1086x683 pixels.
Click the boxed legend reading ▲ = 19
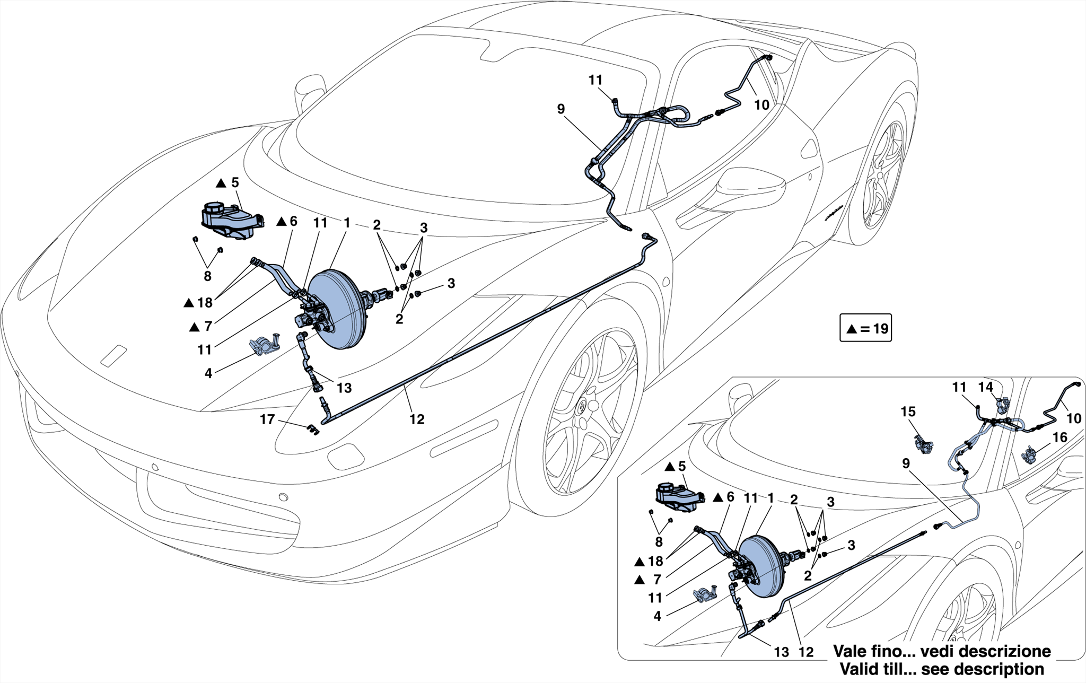tap(865, 328)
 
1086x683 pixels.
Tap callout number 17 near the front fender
tap(267, 419)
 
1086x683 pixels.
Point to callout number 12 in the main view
tap(417, 419)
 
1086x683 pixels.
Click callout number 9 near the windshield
tap(561, 109)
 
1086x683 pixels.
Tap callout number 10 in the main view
tap(761, 105)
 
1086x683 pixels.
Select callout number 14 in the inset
tap(986, 387)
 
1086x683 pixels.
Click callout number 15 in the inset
tap(908, 411)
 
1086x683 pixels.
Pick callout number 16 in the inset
tap(1060, 437)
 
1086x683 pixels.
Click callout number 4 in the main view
tap(208, 373)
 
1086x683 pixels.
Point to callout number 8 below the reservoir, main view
tap(207, 276)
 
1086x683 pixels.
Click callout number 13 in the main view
tap(344, 388)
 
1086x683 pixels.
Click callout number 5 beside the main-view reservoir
tap(235, 182)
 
